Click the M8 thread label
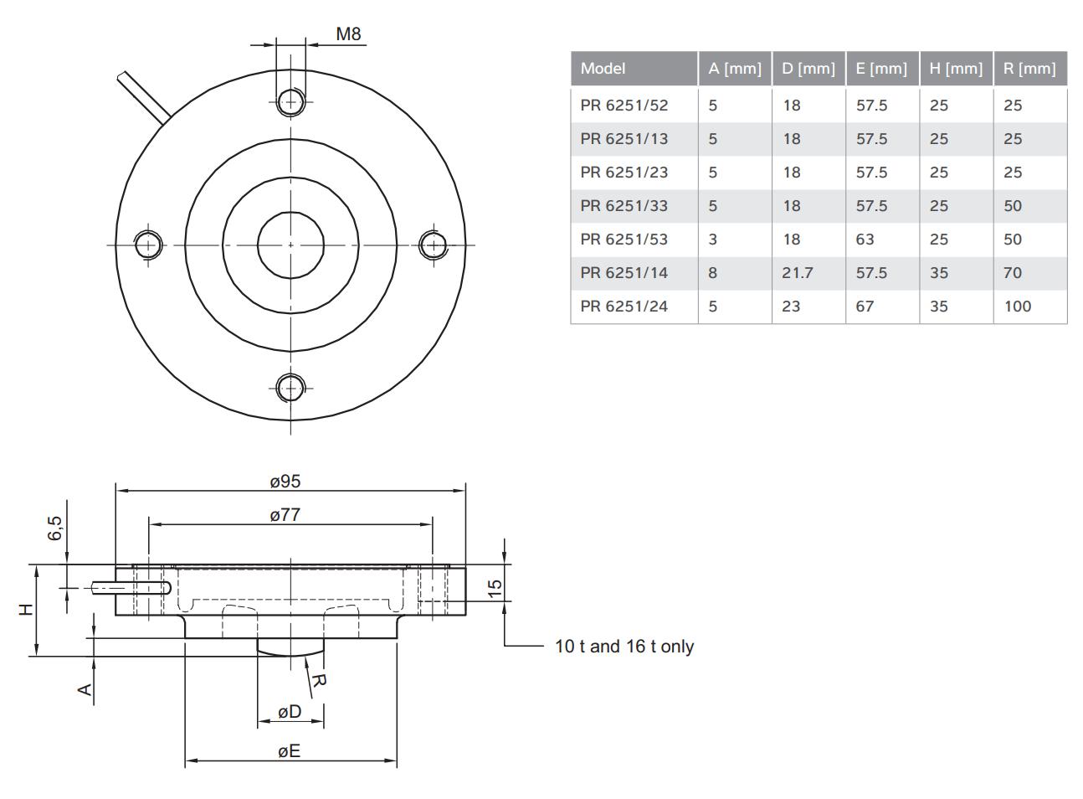click(x=348, y=34)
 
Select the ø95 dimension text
click(x=285, y=482)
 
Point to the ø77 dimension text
click(x=285, y=515)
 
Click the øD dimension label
click(x=290, y=712)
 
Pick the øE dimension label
click(x=290, y=751)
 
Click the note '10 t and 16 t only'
click(x=624, y=647)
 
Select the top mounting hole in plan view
click(x=290, y=101)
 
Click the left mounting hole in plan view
click(x=148, y=245)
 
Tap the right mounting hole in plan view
click(x=434, y=245)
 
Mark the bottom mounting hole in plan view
click(x=290, y=387)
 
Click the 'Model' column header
click(x=603, y=69)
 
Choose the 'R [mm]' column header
click(x=1029, y=69)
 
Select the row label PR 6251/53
click(x=624, y=240)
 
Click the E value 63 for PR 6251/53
click(x=865, y=240)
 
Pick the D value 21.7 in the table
click(x=797, y=273)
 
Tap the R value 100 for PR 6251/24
click(x=1017, y=307)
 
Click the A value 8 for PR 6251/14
click(x=713, y=273)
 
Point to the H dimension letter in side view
click(x=27, y=609)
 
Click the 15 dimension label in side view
click(x=495, y=589)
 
